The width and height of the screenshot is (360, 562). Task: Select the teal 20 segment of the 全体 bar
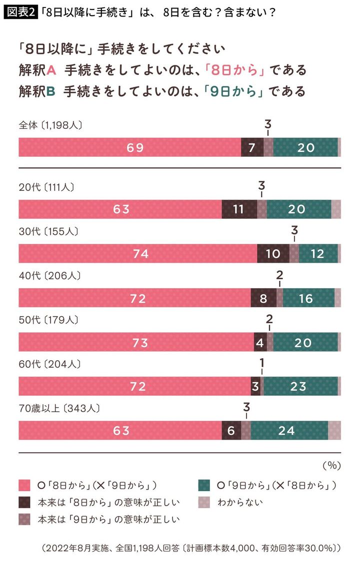pos(305,147)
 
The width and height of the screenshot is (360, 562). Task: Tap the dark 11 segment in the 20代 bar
pos(239,209)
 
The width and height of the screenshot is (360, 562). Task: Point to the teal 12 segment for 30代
pos(318,253)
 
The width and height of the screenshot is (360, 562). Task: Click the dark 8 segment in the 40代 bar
pos(263,298)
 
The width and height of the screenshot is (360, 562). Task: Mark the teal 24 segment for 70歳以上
pos(289,430)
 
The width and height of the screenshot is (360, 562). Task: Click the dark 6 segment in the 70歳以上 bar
pos(231,430)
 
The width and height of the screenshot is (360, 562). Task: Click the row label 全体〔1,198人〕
pos(50,125)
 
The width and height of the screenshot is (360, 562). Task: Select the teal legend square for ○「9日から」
pos(203,485)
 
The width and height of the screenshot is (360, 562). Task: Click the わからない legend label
pos(240,502)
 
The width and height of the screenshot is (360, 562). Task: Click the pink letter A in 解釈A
pos(50,70)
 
